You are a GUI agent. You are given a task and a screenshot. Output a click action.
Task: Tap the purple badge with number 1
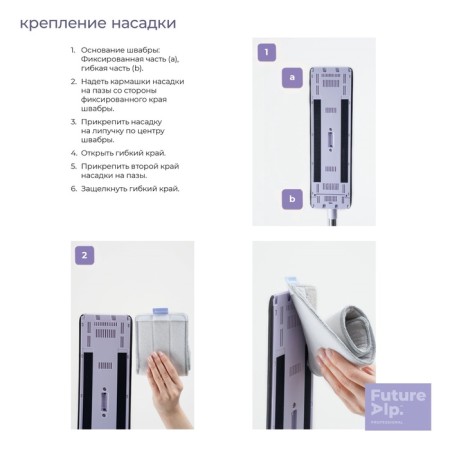[266, 52]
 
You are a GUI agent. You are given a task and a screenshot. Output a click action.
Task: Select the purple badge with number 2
[85, 255]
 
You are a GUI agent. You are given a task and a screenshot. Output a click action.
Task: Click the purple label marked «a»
[292, 77]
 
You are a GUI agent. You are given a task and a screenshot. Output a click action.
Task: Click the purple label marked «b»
[292, 200]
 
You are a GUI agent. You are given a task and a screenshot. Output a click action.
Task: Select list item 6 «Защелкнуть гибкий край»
[130, 189]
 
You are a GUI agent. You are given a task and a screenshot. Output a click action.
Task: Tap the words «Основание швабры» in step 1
[116, 50]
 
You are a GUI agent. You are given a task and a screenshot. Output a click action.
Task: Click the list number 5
[73, 166]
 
